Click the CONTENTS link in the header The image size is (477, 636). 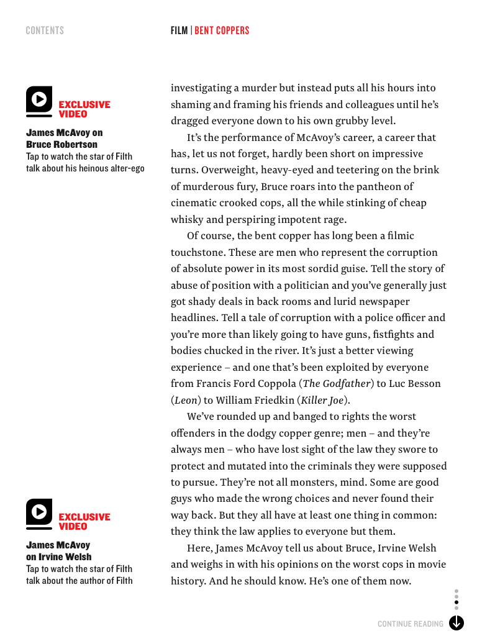click(x=45, y=30)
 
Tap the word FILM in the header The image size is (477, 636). click(x=179, y=30)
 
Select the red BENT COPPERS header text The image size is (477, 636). click(x=222, y=30)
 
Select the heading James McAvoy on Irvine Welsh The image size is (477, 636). click(x=58, y=551)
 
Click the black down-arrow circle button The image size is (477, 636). click(x=457, y=622)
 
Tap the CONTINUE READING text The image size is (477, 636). click(x=411, y=624)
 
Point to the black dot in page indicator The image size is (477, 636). click(x=457, y=602)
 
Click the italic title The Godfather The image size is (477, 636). click(x=337, y=384)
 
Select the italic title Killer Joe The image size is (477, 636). click(x=322, y=400)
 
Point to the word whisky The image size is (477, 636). click(x=187, y=219)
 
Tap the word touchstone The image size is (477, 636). click(x=198, y=252)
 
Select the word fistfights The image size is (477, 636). click(x=393, y=334)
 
